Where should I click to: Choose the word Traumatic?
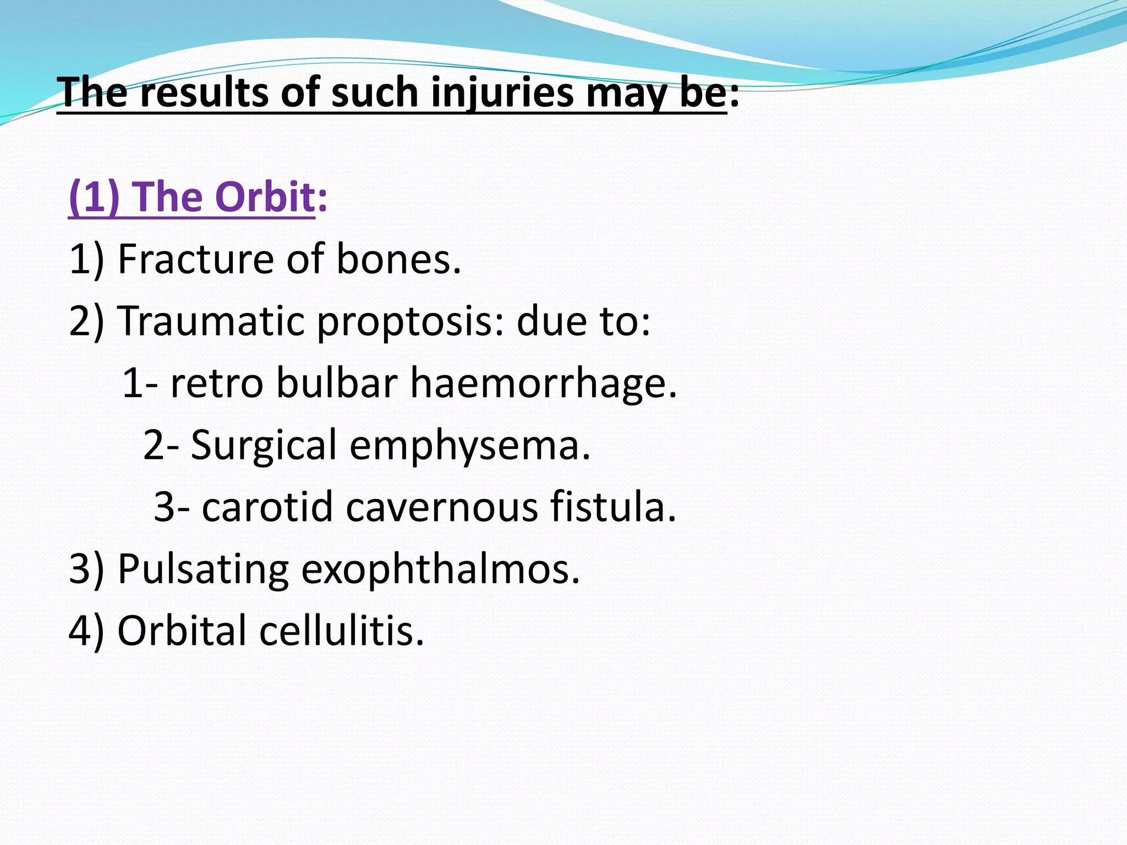click(x=211, y=321)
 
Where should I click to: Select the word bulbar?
click(x=337, y=383)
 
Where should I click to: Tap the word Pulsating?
click(x=203, y=569)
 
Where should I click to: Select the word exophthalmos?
click(x=441, y=569)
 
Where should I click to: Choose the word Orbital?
click(x=182, y=630)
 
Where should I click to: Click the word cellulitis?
click(x=342, y=630)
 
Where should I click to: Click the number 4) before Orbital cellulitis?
click(x=86, y=630)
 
